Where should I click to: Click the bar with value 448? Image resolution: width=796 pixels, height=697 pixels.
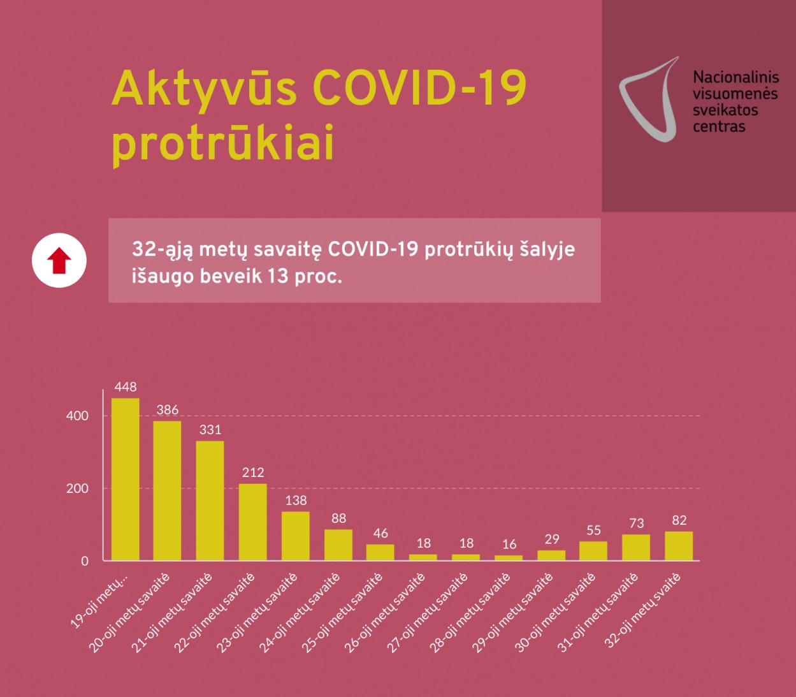[x=125, y=479]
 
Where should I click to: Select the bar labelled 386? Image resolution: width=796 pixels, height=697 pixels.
[x=167, y=490]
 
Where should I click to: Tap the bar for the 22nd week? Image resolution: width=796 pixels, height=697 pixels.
[x=252, y=522]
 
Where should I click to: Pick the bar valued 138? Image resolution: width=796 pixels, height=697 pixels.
[x=295, y=536]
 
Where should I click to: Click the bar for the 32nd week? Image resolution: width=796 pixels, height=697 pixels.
[x=679, y=546]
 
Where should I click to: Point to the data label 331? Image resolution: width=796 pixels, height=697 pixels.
[x=210, y=430]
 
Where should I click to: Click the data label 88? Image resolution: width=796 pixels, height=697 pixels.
[x=338, y=518]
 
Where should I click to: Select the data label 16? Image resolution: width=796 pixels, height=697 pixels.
[x=509, y=545]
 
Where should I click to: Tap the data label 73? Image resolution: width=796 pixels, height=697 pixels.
[x=636, y=524]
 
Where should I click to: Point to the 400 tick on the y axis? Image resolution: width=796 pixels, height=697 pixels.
[x=78, y=416]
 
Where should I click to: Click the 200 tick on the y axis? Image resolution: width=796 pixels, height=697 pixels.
[x=78, y=488]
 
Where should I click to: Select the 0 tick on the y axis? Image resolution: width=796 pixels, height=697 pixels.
[x=85, y=561]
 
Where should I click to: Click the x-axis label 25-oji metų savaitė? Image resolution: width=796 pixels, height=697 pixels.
[x=342, y=612]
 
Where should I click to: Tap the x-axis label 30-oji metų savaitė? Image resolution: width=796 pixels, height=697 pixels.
[x=555, y=612]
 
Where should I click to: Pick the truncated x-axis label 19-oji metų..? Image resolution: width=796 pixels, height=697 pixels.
[x=99, y=601]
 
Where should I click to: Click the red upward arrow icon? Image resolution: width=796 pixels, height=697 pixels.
[x=59, y=261]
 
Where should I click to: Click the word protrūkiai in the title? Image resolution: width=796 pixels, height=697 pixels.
[x=223, y=144]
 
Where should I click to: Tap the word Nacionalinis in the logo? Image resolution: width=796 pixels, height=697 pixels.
[x=735, y=77]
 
